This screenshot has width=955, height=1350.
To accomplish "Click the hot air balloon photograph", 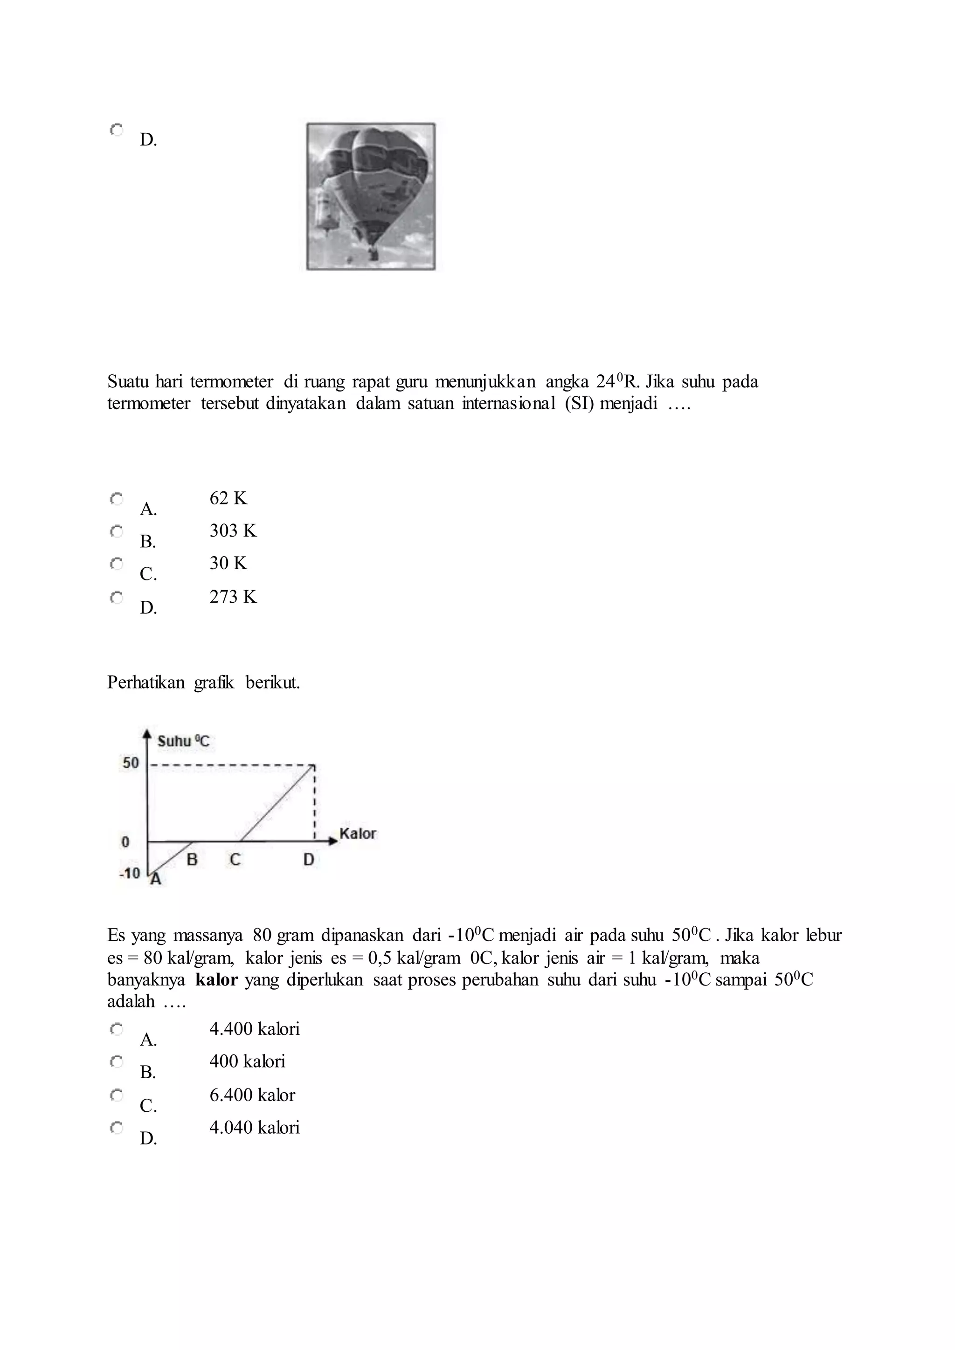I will (371, 196).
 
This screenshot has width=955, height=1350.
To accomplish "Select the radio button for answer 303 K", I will (117, 531).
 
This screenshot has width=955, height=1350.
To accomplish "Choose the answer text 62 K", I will (228, 499).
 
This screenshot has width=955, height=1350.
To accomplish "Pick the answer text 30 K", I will (228, 563).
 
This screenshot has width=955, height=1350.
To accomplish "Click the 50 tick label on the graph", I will (131, 763).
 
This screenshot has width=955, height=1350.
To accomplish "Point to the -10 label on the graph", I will (129, 873).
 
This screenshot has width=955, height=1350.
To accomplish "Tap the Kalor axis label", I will (358, 834).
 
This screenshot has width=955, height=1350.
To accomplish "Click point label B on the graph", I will (192, 860).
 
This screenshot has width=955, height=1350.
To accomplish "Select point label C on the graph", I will (235, 860).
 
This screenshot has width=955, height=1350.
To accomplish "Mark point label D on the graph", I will (309, 860).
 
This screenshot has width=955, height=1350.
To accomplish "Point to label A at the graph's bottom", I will (155, 880).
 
